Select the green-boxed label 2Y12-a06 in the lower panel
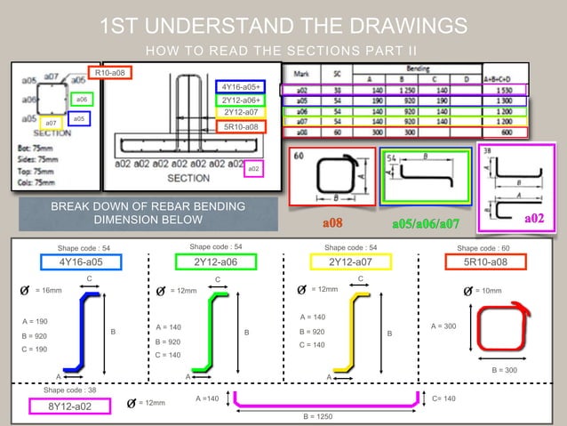[x=215, y=261]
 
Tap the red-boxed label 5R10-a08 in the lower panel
[x=486, y=261]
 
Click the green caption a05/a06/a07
[x=427, y=221]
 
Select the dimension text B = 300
[x=505, y=370]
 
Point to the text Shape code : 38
[x=69, y=390]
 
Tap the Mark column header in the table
[x=301, y=72]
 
